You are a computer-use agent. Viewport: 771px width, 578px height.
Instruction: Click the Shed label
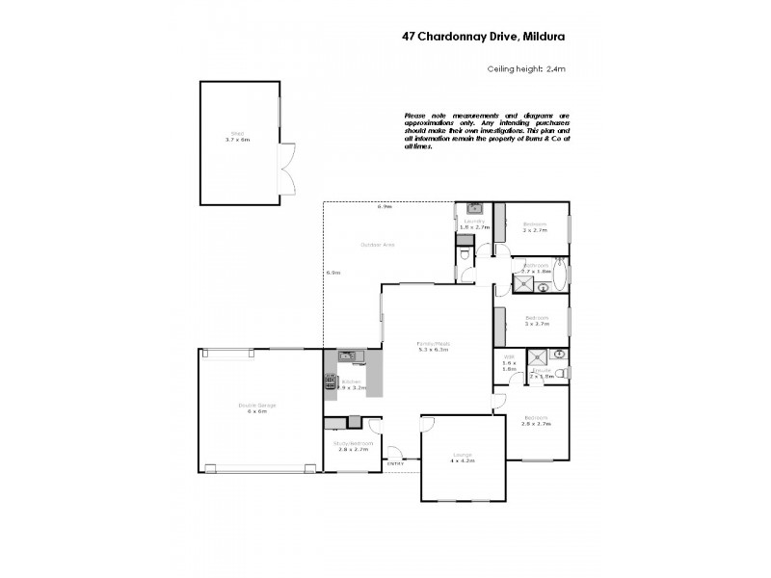pos(237,134)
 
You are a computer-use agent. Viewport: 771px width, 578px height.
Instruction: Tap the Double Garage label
pos(257,406)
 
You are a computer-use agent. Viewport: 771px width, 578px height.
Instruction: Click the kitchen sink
pos(348,356)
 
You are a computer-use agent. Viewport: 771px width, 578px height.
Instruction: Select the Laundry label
pos(472,222)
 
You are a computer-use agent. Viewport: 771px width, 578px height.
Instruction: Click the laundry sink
pos(474,207)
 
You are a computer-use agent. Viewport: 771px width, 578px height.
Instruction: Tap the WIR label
pos(509,356)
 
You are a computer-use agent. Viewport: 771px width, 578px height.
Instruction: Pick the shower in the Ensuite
pos(537,355)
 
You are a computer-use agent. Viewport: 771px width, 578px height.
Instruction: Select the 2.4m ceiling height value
pos(556,68)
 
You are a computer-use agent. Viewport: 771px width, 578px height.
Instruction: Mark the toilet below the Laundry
pos(465,254)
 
